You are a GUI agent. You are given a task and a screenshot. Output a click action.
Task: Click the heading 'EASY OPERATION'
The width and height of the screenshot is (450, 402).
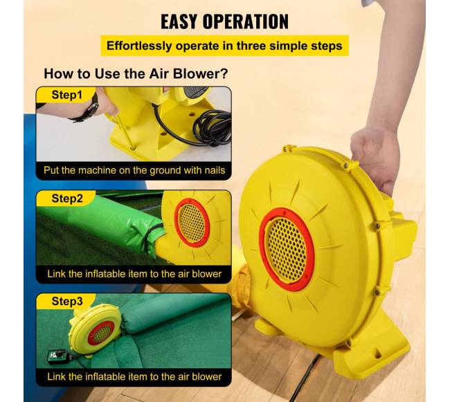(x=224, y=21)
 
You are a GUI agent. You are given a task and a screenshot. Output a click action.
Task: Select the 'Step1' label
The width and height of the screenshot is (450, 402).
(x=66, y=95)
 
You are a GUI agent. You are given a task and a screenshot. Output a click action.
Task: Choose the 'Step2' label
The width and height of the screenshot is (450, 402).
(x=67, y=198)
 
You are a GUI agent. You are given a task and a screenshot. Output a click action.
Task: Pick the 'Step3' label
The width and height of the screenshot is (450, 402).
(x=67, y=301)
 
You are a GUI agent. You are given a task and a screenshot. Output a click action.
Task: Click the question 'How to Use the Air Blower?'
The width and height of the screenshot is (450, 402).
(x=136, y=74)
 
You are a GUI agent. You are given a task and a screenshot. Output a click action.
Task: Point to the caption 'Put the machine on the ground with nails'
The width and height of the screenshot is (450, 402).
(x=134, y=170)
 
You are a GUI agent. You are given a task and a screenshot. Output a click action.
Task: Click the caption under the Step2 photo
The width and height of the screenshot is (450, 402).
(x=134, y=274)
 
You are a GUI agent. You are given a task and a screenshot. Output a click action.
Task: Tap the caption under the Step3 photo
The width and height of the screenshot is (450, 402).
(x=134, y=376)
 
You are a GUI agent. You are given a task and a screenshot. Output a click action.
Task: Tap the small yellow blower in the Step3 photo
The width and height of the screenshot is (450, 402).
(x=95, y=330)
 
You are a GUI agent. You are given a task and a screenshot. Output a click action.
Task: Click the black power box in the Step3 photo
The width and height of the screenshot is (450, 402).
(x=57, y=356)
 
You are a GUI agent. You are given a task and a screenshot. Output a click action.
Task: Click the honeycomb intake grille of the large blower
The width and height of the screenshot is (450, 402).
(x=286, y=249)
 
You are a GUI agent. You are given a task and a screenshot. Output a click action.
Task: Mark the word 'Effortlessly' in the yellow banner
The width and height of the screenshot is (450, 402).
(x=139, y=46)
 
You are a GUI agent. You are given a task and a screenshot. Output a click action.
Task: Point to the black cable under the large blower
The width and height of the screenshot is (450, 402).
(x=304, y=378)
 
